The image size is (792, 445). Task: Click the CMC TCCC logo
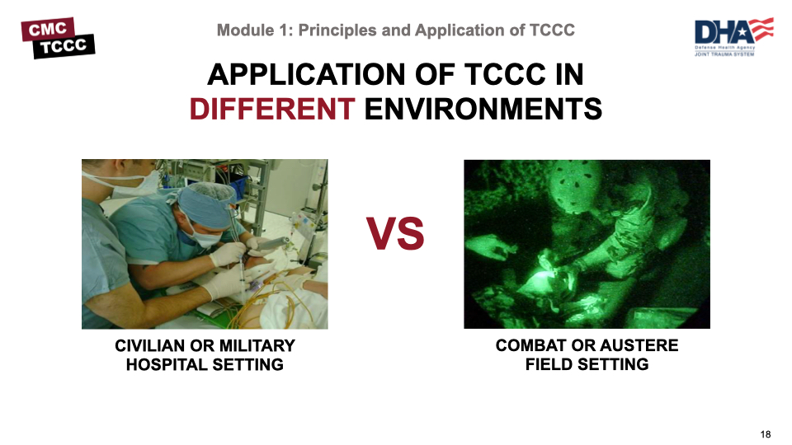58,38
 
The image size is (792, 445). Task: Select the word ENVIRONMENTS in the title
483,109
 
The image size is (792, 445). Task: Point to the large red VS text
396,235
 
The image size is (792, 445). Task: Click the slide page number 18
766,434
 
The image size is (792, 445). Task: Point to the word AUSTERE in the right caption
642,346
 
